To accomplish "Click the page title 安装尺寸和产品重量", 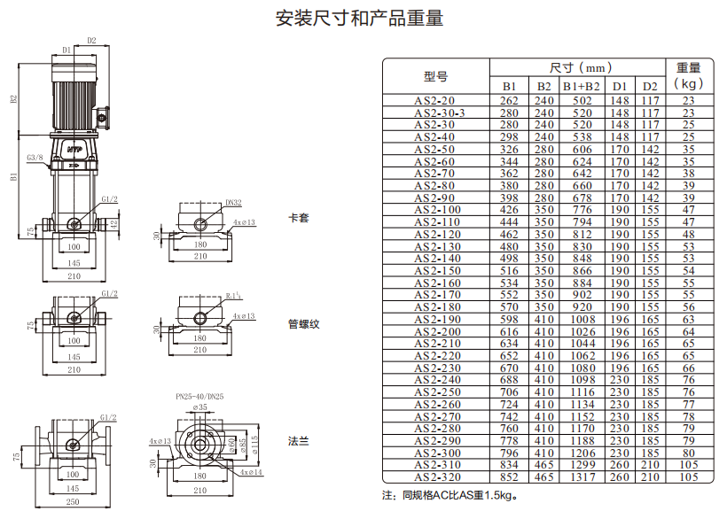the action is [x=360, y=18].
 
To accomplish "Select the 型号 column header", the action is [x=436, y=76].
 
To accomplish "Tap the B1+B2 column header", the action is [x=582, y=87].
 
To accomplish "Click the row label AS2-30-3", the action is [x=440, y=113].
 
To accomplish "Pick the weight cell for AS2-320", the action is [x=689, y=476].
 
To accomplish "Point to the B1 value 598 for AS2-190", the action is [x=509, y=320].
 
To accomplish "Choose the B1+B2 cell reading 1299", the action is [x=582, y=465].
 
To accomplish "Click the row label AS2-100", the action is [x=438, y=210].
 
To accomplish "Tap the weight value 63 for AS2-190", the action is [x=689, y=320].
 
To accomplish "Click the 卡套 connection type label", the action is [x=299, y=218].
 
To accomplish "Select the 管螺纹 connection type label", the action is [x=304, y=324].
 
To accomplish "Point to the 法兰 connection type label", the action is [x=298, y=441].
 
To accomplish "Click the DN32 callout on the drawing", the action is [x=234, y=203].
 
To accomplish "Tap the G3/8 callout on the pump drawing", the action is [x=35, y=158].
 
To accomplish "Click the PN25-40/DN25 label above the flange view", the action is [x=199, y=396].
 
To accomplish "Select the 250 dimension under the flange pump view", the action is [x=73, y=502].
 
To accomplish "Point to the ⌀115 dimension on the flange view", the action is [x=254, y=445].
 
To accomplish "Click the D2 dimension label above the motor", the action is [x=92, y=41].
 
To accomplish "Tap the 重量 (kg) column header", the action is [x=689, y=75].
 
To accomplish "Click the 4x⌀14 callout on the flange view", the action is [x=251, y=472].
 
